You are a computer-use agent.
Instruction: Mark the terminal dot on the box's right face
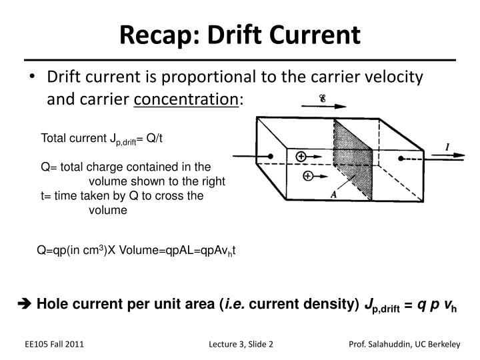pyautogui.click(x=401, y=159)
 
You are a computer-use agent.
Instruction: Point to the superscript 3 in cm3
pyautogui.click(x=101, y=248)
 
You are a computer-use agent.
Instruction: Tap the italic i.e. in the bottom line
pyautogui.click(x=235, y=305)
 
